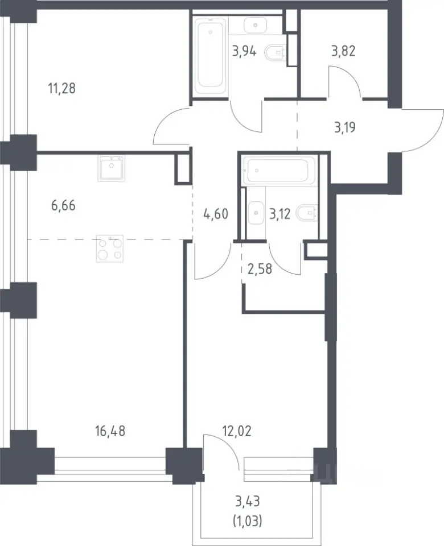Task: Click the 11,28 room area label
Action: [x=61, y=89]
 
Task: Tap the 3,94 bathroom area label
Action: [x=244, y=52]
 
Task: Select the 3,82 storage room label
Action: [x=343, y=51]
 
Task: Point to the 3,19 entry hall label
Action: [x=345, y=127]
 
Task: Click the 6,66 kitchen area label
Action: [x=63, y=205]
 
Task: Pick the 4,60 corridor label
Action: [x=216, y=214]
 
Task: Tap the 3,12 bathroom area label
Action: [x=280, y=214]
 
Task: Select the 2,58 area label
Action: [x=260, y=269]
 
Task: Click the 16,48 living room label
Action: [x=110, y=431]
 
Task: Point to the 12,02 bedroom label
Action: [x=237, y=431]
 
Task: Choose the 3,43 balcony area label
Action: [x=248, y=502]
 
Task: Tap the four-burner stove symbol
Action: [x=109, y=249]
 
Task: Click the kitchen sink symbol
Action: [x=111, y=168]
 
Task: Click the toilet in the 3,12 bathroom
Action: [x=307, y=213]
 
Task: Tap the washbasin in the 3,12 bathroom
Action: [x=256, y=212]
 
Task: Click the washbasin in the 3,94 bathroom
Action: [x=255, y=24]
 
